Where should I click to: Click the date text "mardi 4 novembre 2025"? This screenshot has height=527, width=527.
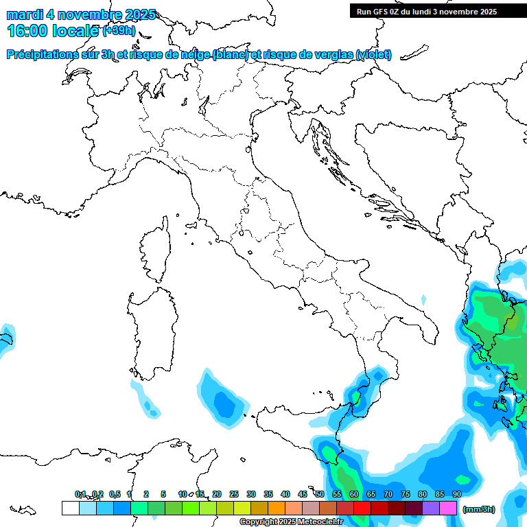pyautogui.click(x=81, y=14)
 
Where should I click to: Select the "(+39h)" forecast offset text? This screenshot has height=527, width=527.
pyautogui.click(x=119, y=30)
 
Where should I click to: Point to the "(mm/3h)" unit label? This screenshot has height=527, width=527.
pyautogui.click(x=479, y=509)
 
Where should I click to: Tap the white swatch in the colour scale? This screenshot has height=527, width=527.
pyautogui.click(x=70, y=508)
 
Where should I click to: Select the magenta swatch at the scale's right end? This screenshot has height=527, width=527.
pyautogui.click(x=448, y=508)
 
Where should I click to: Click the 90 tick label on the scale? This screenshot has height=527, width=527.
pyautogui.click(x=456, y=494)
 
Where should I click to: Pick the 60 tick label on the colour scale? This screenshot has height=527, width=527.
pyautogui.click(x=353, y=494)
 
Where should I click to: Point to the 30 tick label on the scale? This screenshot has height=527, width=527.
pyautogui.click(x=250, y=494)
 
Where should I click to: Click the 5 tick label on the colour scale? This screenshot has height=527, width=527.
pyautogui.click(x=163, y=494)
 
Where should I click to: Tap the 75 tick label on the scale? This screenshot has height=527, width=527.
pyautogui.click(x=405, y=494)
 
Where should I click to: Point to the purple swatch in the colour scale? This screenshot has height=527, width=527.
pyautogui.click(x=431, y=508)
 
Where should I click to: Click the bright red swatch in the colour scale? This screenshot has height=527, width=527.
pyautogui.click(x=362, y=508)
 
